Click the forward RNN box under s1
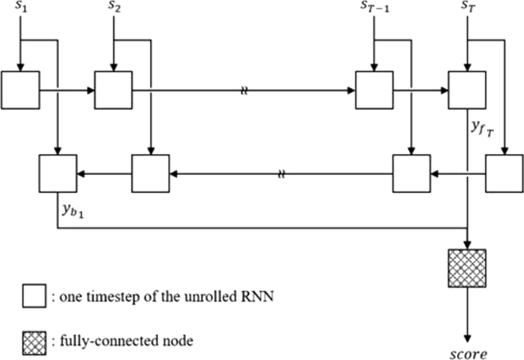coord(21,90)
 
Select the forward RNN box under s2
coord(113,90)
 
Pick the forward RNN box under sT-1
coord(374,90)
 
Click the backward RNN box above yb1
coord(58,173)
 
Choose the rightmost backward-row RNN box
coord(504,173)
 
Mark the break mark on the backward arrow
coord(281,173)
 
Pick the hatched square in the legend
coord(34,341)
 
